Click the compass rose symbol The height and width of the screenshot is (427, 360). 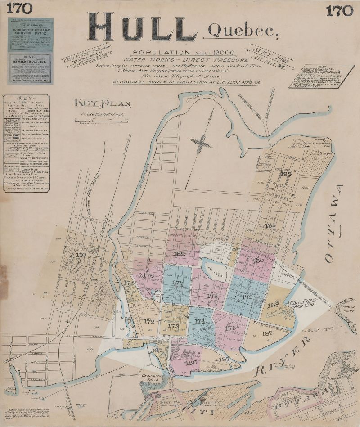pyautogui.click(x=202, y=143)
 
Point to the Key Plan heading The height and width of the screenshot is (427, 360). pyautogui.click(x=103, y=104)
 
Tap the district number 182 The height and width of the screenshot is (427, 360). pyautogui.click(x=179, y=254)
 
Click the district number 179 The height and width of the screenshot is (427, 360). pyautogui.click(x=247, y=297)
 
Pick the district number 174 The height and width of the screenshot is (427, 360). pyautogui.click(x=199, y=322)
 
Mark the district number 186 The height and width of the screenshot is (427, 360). pyautogui.click(x=191, y=362)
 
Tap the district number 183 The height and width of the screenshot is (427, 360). pyautogui.click(x=285, y=174)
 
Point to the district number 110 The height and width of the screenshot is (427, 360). pyautogui.click(x=81, y=255)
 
